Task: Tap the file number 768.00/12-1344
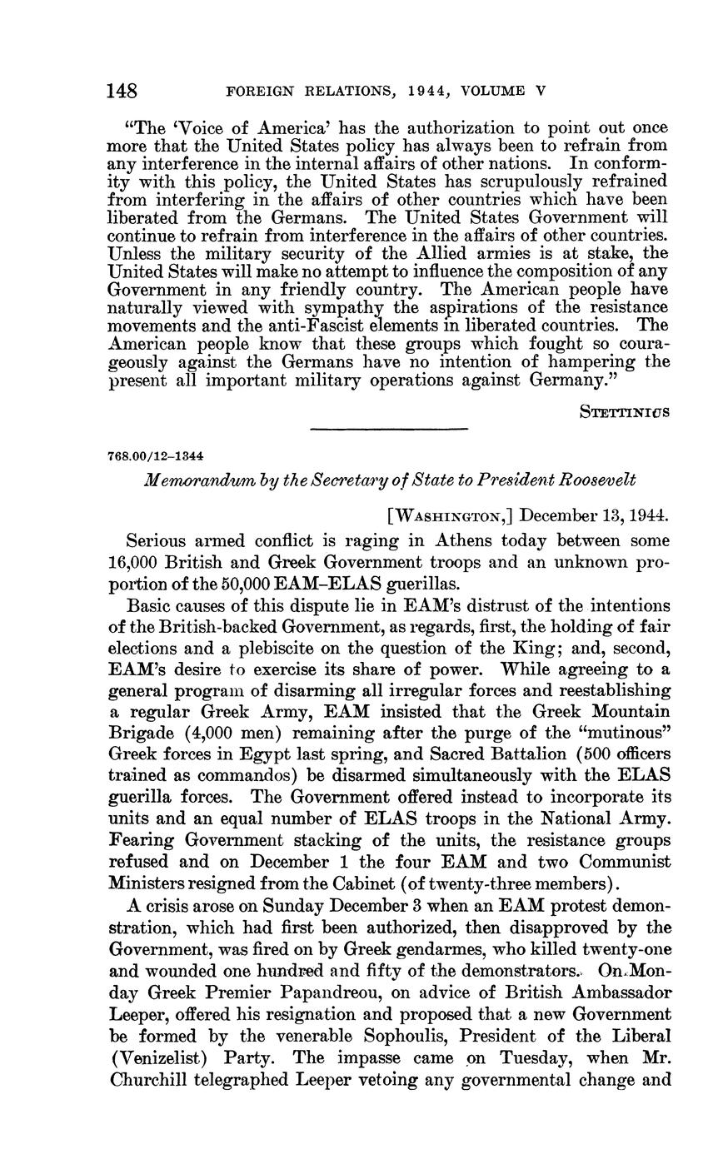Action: (x=157, y=457)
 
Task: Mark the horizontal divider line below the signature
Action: (x=388, y=429)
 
